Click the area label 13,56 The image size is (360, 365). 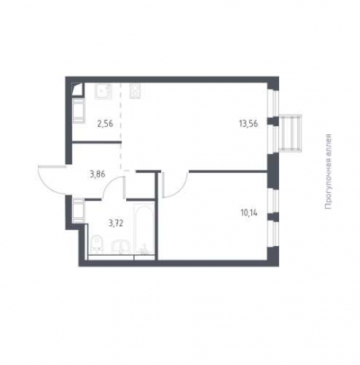(x=248, y=124)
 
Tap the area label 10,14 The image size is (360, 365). (x=249, y=213)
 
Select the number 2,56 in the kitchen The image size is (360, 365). (x=105, y=124)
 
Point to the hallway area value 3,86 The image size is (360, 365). (x=98, y=175)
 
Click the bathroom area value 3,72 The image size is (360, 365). (x=116, y=224)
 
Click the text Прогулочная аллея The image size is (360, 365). (x=328, y=172)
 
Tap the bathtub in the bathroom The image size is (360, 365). (x=144, y=229)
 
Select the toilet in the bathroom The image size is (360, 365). (x=97, y=244)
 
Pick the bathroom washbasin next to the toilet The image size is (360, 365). (x=121, y=247)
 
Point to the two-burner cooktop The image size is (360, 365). (x=135, y=91)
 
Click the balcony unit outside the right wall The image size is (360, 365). (x=291, y=133)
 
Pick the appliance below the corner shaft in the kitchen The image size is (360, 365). (x=79, y=111)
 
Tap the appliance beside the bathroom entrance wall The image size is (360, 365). (x=79, y=210)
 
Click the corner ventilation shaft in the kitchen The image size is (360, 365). (x=79, y=89)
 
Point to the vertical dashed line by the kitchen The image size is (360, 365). (x=121, y=126)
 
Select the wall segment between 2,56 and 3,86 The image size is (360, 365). (x=97, y=143)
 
